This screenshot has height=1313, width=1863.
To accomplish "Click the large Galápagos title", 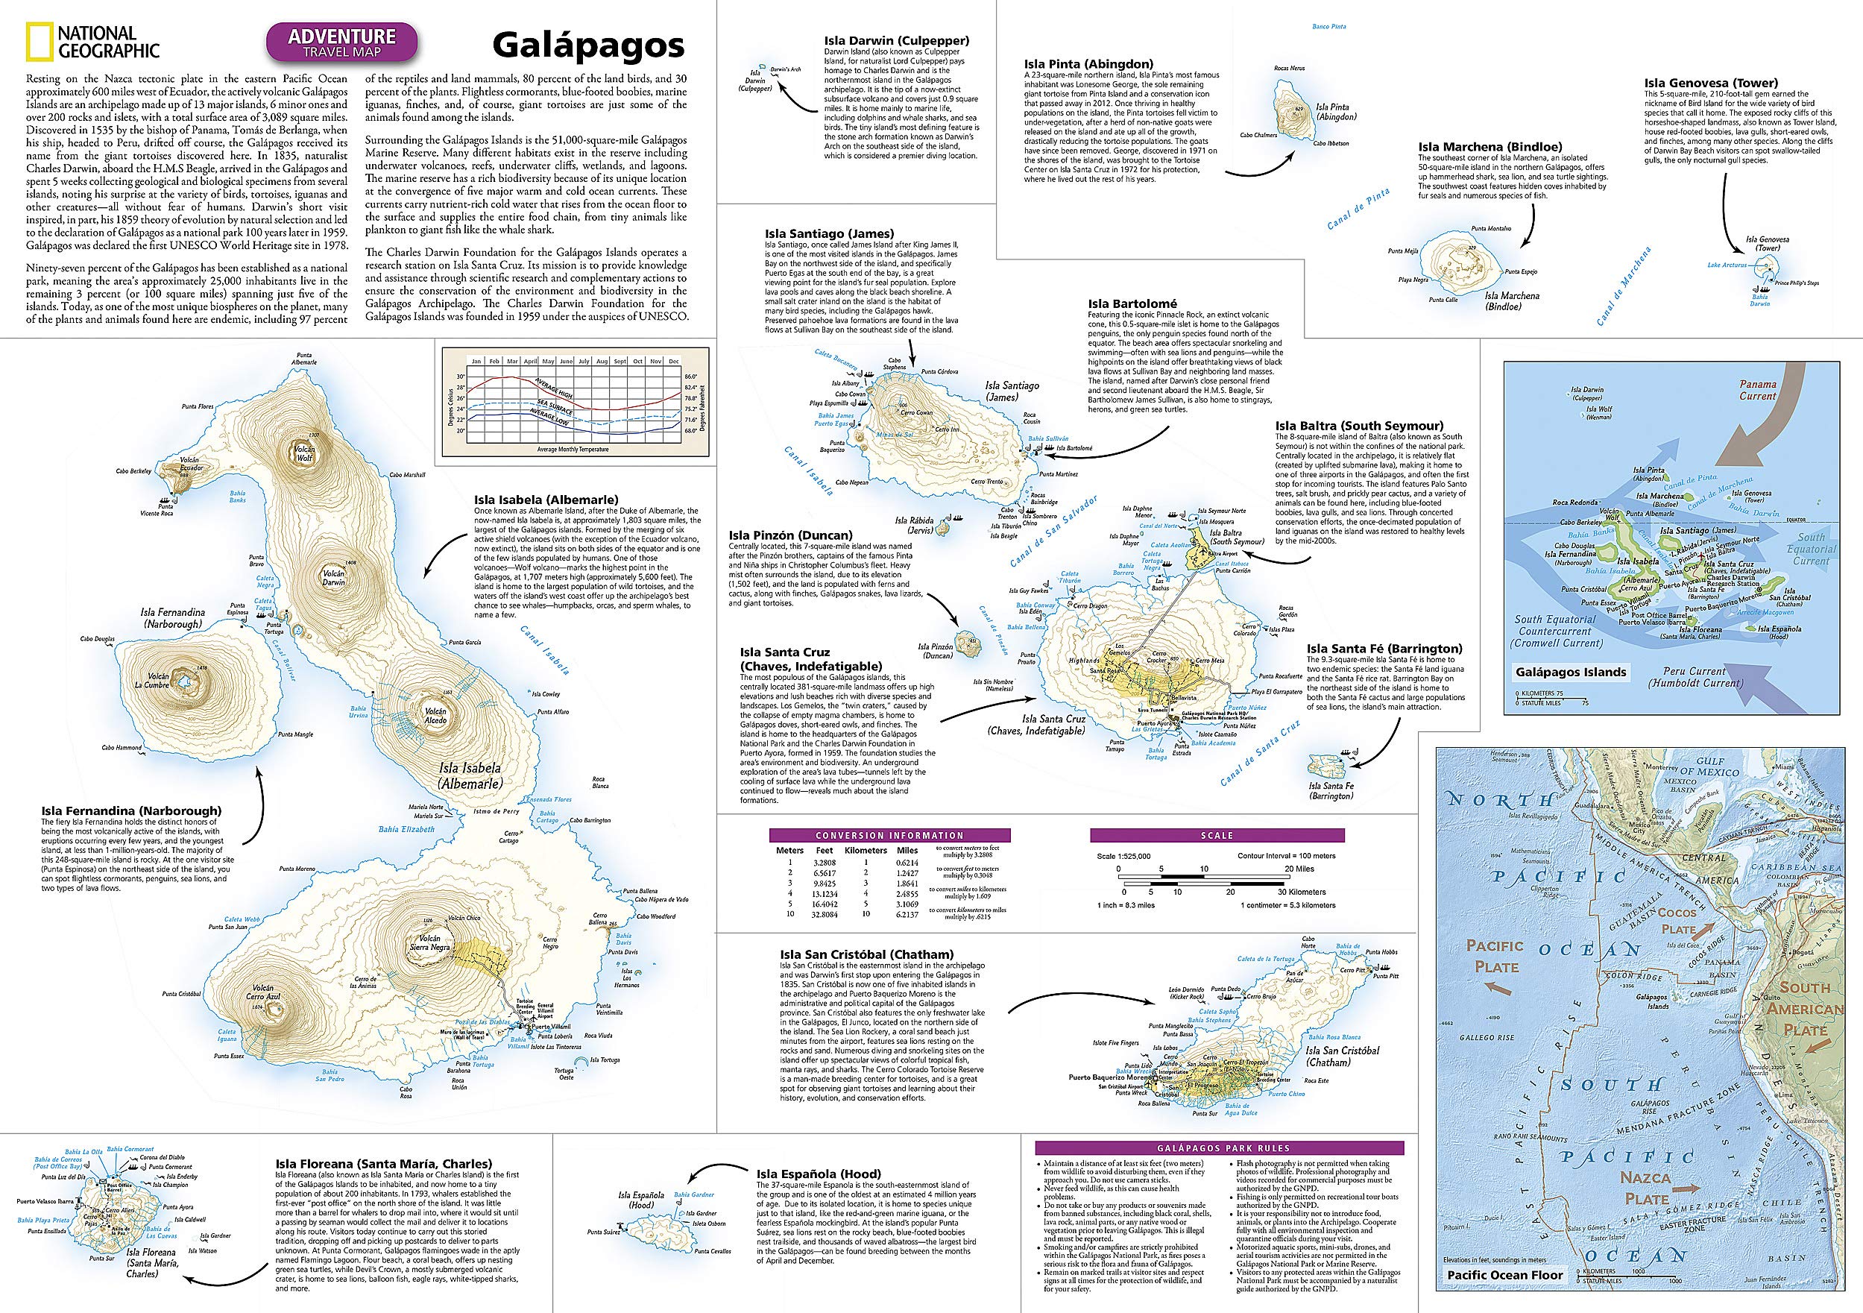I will point(587,46).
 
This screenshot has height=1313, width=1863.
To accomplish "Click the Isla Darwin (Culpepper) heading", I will point(896,40).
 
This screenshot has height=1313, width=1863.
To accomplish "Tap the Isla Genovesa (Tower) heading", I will point(1710,83).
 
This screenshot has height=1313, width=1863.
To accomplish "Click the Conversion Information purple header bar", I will point(889,835).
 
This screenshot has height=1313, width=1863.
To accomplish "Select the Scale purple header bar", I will point(1217,835).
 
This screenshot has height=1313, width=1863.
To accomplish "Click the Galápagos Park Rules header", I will point(1220,1148).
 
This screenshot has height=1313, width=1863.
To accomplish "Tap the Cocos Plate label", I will point(1677,922).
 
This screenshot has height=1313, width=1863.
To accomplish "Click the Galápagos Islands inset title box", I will point(1559,672).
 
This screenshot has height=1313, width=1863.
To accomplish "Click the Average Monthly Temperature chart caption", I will point(571,449).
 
